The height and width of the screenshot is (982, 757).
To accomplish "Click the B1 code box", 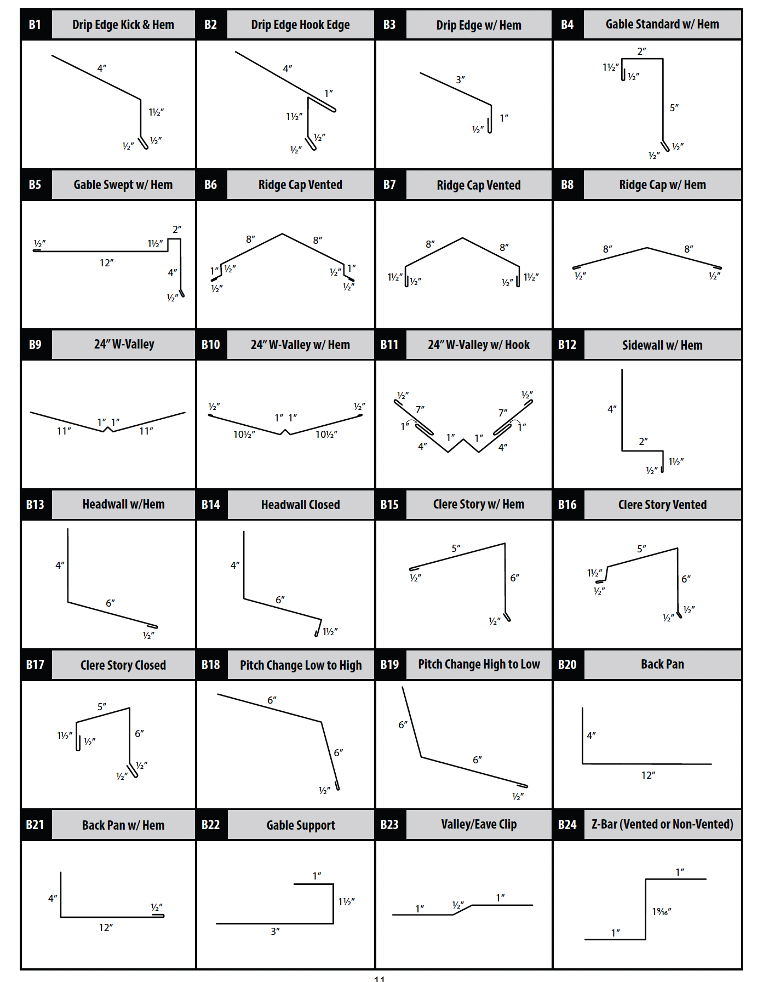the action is [35, 25].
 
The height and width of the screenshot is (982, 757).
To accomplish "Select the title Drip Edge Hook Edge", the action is [300, 25].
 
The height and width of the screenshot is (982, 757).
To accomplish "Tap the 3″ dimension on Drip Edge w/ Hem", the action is [460, 79].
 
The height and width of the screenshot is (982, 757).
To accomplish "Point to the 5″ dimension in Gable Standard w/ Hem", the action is [674, 107].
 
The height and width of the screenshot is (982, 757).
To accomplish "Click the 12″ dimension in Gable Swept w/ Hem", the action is [107, 263].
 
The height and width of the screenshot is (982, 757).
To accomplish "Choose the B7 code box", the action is [389, 185].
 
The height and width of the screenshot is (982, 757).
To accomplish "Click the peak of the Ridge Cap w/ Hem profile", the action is [647, 248].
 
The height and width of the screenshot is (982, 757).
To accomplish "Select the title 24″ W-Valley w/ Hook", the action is [479, 345].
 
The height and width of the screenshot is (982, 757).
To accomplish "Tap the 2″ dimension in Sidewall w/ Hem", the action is [644, 441].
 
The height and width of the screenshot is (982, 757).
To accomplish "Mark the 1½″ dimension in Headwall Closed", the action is [330, 632].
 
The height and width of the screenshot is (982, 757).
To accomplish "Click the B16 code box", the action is [567, 505].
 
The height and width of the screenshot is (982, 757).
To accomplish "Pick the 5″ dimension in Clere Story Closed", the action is [102, 706].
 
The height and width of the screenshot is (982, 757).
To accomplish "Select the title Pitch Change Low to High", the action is [301, 665].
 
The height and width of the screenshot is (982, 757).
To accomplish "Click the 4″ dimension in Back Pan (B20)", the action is [591, 735].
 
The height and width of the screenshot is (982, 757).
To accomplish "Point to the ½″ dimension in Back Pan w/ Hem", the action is [157, 907].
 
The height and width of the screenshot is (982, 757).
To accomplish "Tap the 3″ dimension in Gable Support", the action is [276, 931].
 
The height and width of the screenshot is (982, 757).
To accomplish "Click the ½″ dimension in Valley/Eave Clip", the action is [458, 905].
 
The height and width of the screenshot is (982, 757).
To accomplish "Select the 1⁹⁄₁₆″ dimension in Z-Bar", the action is [662, 911].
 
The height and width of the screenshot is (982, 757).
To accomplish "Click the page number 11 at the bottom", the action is [380, 978].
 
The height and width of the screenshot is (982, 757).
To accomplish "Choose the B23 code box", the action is [389, 825].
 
